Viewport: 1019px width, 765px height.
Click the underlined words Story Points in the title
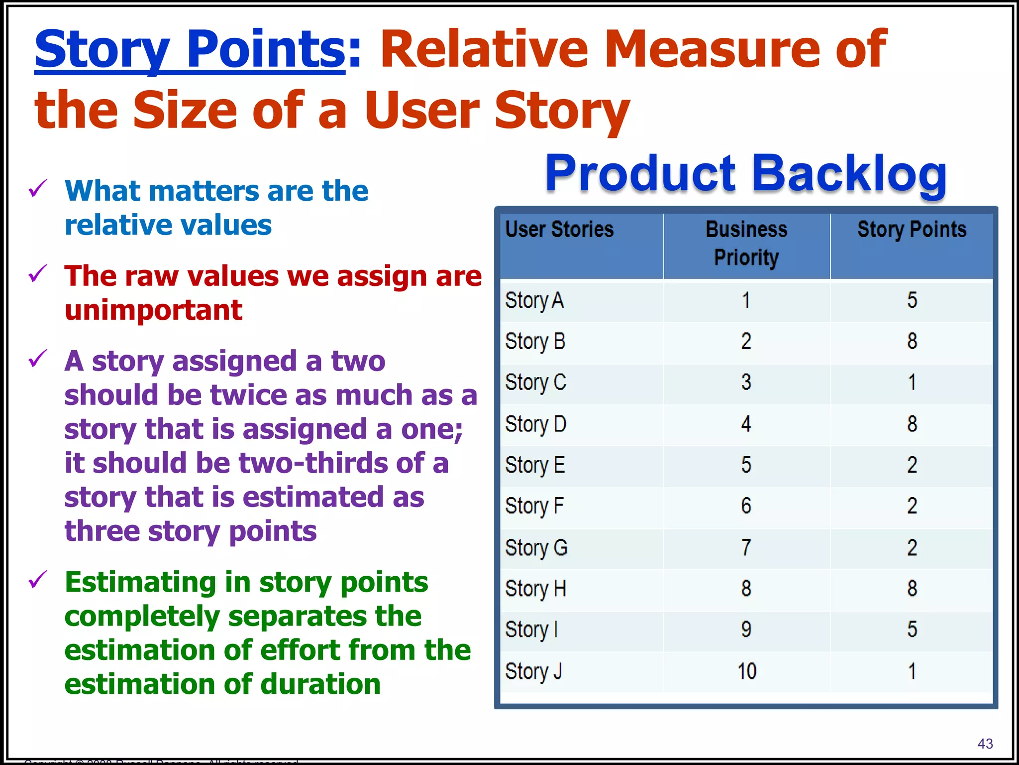(x=190, y=50)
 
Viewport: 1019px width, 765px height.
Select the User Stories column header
(x=559, y=230)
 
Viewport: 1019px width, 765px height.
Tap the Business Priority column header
(x=746, y=243)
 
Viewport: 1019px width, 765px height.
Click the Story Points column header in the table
(x=912, y=230)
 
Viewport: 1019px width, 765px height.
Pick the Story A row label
(x=534, y=301)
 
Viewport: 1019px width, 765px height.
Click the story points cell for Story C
(x=912, y=382)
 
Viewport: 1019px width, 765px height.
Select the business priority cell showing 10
(x=746, y=671)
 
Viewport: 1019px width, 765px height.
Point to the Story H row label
(x=535, y=589)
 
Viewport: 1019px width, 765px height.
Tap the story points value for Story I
(x=912, y=630)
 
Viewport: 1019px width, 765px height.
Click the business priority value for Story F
(x=746, y=506)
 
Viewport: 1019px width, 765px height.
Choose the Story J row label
(x=533, y=671)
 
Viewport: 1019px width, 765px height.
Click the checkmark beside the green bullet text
(x=38, y=580)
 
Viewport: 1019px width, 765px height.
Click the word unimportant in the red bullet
(x=153, y=310)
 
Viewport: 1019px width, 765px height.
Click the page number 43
(x=985, y=744)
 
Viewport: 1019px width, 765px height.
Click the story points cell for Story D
(x=912, y=424)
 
